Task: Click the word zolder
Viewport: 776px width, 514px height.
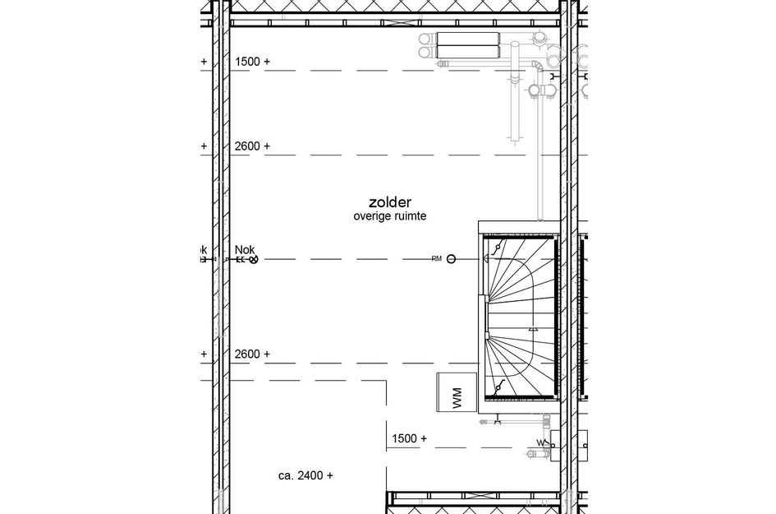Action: (x=389, y=202)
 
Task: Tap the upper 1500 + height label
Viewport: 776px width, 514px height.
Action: (x=252, y=62)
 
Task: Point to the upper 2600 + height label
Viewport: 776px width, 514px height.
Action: (x=252, y=146)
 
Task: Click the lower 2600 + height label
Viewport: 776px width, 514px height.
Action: (x=252, y=354)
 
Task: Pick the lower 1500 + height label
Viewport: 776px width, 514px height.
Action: (x=409, y=439)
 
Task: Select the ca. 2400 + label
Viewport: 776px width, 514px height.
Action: (x=305, y=475)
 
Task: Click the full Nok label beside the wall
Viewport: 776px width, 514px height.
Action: (x=245, y=249)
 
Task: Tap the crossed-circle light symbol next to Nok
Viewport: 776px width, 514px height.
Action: (x=254, y=260)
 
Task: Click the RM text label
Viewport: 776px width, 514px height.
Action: (x=436, y=259)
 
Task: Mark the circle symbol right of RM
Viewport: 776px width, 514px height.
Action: (x=452, y=259)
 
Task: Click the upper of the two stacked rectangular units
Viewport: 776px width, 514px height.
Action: (x=468, y=39)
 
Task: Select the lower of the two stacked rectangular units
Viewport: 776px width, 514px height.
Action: (x=468, y=52)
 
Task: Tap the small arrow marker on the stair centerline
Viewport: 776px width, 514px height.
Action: (x=534, y=327)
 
